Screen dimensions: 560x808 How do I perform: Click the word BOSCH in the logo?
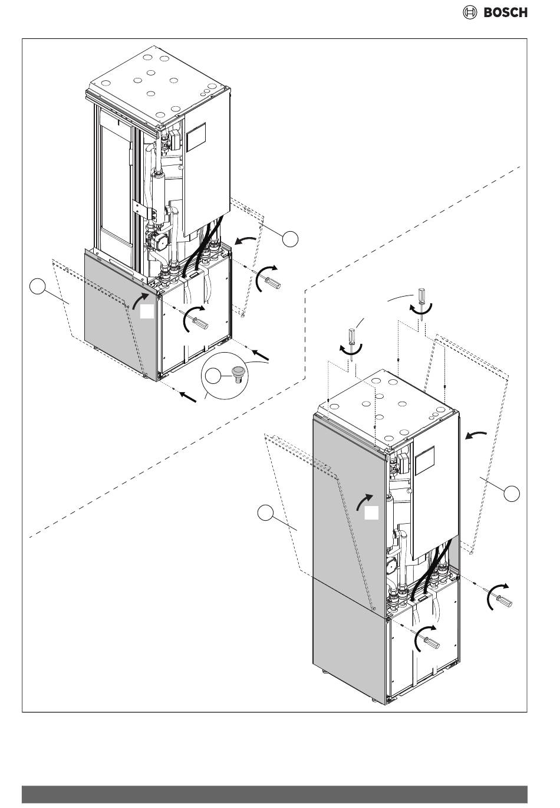505,12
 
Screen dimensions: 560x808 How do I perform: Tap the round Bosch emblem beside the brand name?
469,12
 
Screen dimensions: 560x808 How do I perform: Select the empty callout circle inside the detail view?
212,376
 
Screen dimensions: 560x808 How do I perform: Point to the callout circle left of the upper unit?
38,286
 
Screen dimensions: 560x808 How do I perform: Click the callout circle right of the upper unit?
290,239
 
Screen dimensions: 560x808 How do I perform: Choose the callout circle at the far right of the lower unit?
512,493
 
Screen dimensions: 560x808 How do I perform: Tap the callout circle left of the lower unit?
266,513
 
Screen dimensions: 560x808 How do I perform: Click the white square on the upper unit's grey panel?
147,311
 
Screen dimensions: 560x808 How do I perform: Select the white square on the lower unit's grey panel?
371,513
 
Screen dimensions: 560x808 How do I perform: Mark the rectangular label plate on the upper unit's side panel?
196,137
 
